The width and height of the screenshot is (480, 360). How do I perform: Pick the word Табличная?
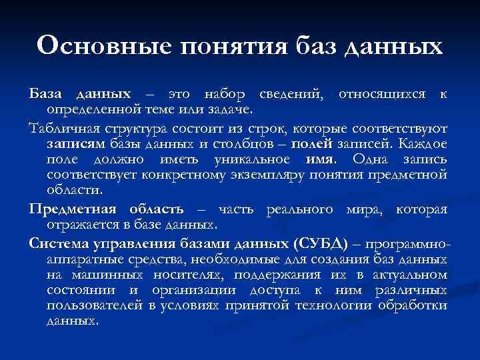[62, 127]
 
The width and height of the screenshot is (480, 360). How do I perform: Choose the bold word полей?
[310, 143]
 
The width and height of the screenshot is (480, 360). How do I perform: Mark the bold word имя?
[320, 159]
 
